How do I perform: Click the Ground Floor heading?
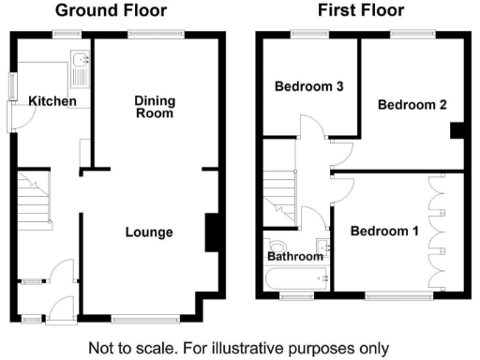pyautogui.click(x=111, y=11)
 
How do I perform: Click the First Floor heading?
pyautogui.click(x=361, y=11)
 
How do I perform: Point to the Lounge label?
pyautogui.click(x=149, y=232)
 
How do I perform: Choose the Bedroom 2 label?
pyautogui.click(x=412, y=105)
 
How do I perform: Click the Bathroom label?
pyautogui.click(x=294, y=255)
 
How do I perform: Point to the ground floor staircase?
pyautogui.click(x=36, y=200)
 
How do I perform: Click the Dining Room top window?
pyautogui.click(x=142, y=35)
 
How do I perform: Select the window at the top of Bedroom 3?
pyautogui.click(x=302, y=35)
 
